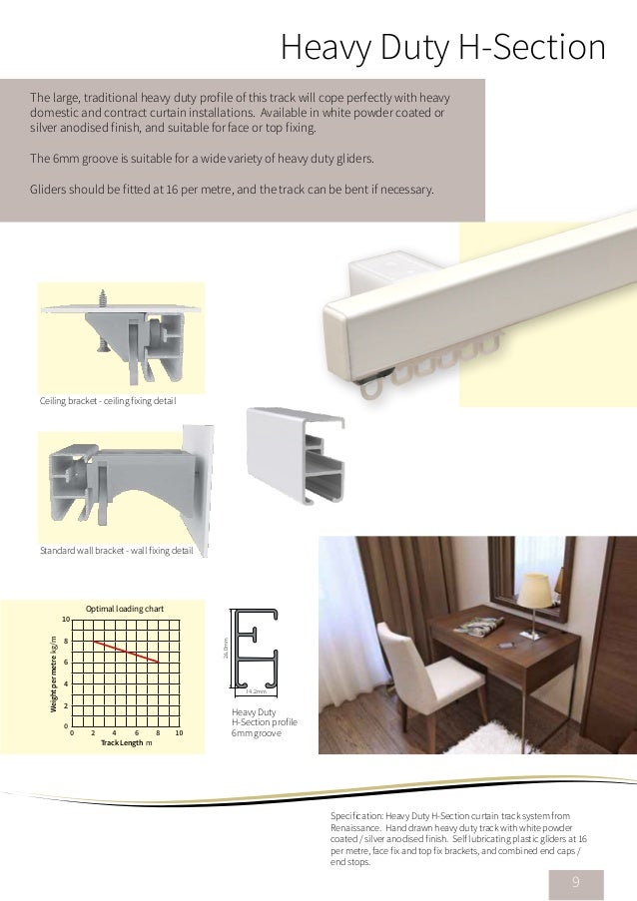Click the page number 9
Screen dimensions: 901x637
pyautogui.click(x=575, y=881)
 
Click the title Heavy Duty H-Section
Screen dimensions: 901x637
pyautogui.click(x=443, y=47)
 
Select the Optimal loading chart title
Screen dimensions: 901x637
pyautogui.click(x=124, y=608)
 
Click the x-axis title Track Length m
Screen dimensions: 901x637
pyautogui.click(x=126, y=743)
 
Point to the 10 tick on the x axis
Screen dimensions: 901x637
pyautogui.click(x=179, y=733)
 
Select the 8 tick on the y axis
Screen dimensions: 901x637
pyautogui.click(x=65, y=642)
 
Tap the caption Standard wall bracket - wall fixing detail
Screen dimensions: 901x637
pyautogui.click(x=116, y=550)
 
